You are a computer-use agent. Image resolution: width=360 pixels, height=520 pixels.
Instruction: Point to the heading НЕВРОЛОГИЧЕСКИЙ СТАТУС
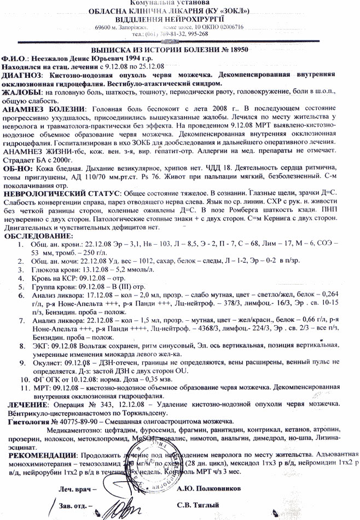(61, 194)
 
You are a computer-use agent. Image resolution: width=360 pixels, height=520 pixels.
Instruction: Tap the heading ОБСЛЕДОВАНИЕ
(39, 235)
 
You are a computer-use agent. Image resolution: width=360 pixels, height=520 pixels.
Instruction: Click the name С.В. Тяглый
(196, 505)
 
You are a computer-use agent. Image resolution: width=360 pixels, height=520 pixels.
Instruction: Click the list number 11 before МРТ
(24, 386)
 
